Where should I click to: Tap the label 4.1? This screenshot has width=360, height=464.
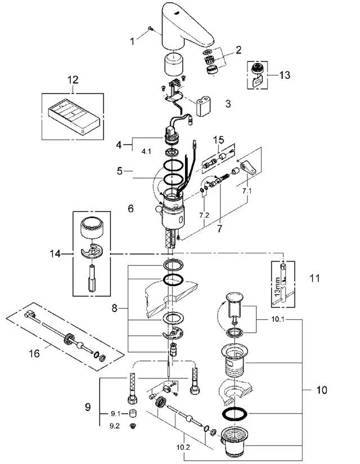(x=146, y=151)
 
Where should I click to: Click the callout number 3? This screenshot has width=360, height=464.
(x=227, y=104)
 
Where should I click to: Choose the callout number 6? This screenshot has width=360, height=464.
(x=130, y=208)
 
